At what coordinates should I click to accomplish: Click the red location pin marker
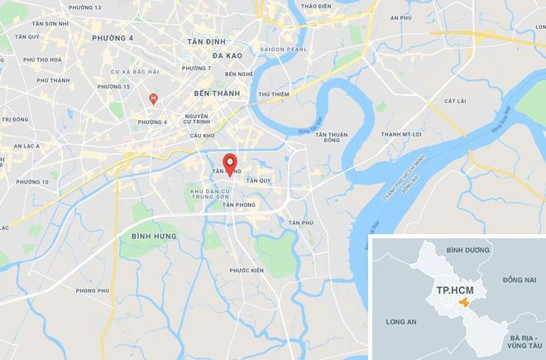tap(230, 161)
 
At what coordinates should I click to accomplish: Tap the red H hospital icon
tap(152, 98)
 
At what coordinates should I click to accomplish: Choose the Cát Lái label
tap(455, 101)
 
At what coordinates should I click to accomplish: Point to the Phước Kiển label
tap(246, 271)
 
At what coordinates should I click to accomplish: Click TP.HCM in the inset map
tap(452, 290)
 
